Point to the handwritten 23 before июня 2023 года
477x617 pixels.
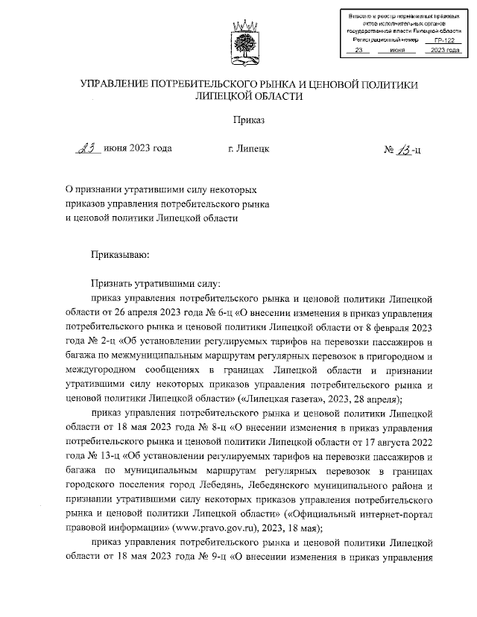pos(89,149)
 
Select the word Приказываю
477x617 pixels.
pos(120,255)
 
